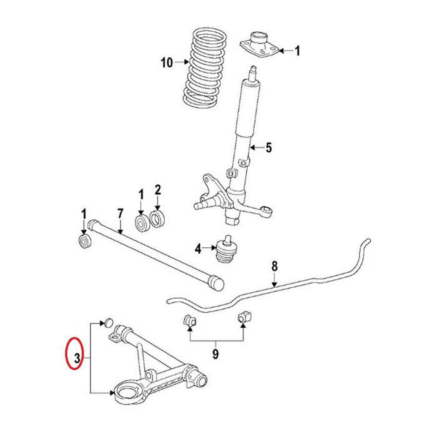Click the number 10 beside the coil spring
click(165, 62)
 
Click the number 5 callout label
click(268, 148)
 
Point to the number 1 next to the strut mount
click(297, 51)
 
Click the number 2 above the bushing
click(158, 190)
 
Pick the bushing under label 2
click(158, 219)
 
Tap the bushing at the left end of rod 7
click(84, 240)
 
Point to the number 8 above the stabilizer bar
click(273, 267)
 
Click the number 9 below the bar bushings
click(215, 355)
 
